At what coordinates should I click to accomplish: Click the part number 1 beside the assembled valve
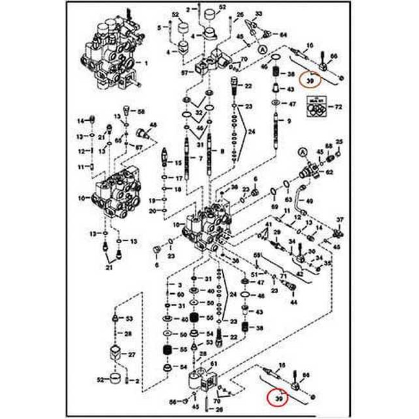click(x=146, y=64)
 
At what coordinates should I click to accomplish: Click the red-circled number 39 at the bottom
click(x=278, y=398)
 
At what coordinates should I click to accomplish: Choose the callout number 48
click(x=153, y=125)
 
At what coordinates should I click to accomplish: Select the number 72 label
click(x=338, y=108)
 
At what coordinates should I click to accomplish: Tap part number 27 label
click(x=132, y=354)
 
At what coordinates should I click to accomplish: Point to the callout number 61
click(x=214, y=363)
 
